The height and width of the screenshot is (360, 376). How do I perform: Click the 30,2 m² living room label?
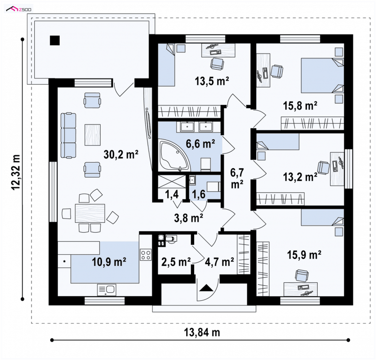coord(121,154)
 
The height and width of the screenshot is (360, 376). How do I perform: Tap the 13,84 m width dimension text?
coord(202,332)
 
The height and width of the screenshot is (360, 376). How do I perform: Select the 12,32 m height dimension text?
coord(16,172)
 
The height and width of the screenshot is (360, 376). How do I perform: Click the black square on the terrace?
coord(55,40)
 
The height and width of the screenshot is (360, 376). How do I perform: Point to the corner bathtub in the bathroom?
coord(174,157)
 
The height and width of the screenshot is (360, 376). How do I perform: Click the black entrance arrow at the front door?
coord(206,287)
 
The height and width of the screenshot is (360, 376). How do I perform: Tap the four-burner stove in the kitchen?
coord(146,255)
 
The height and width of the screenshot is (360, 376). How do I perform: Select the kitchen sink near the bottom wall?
coord(107,290)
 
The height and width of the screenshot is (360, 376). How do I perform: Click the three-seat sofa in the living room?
coord(68,135)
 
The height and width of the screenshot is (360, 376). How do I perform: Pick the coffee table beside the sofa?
coord(92,135)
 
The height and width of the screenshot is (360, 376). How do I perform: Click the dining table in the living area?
coord(90,213)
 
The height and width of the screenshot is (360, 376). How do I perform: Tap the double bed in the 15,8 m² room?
coord(322,75)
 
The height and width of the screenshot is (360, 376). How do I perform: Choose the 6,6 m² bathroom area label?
coord(200,144)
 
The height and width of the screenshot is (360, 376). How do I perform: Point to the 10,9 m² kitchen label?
coord(109,262)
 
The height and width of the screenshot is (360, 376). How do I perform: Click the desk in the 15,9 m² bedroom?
coord(301,289)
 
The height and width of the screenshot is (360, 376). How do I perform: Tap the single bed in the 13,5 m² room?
coord(166,65)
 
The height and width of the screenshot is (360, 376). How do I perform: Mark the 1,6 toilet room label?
coord(199,194)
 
